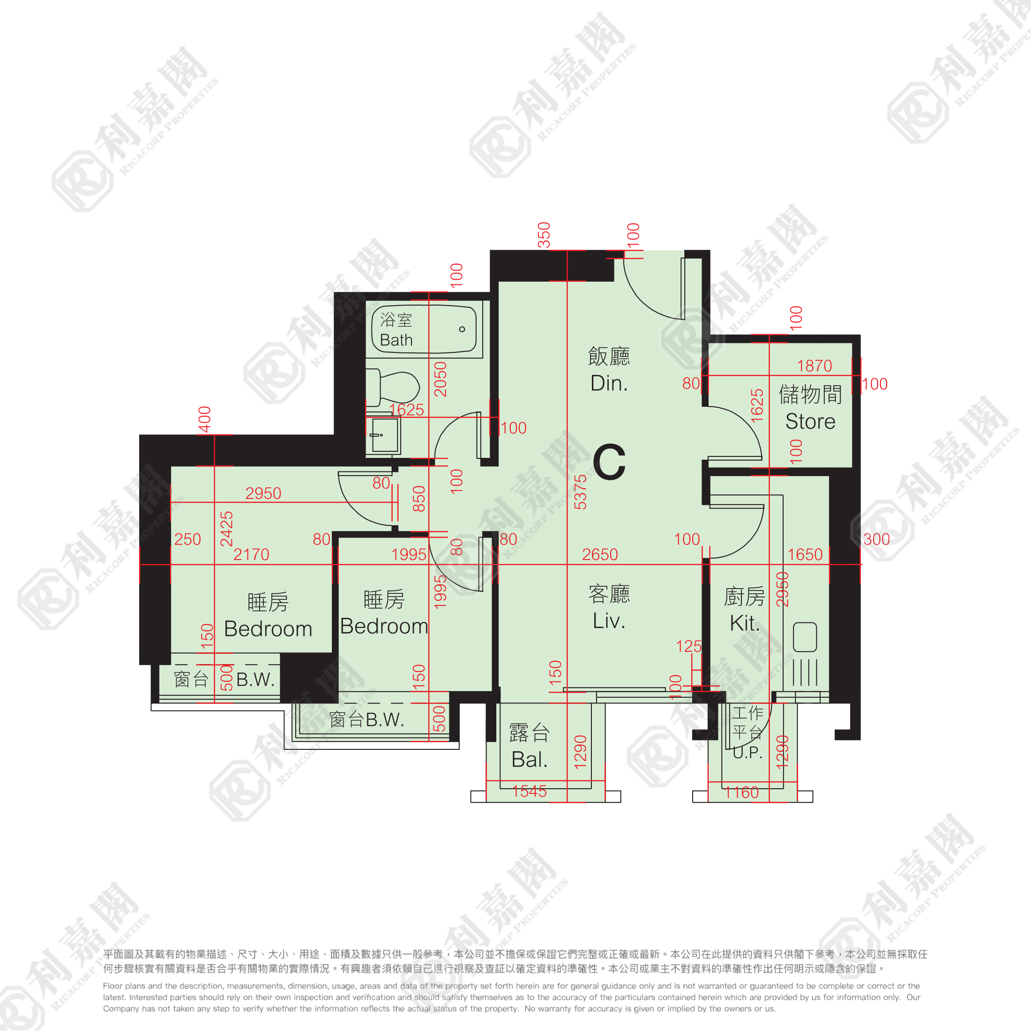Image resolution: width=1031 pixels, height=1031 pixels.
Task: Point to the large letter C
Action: pos(609,462)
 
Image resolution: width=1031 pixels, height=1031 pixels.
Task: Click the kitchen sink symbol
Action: pos(805,637)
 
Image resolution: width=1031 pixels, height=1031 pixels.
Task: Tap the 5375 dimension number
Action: pos(580,492)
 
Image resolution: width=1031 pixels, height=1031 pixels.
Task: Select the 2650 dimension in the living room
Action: pos(600,554)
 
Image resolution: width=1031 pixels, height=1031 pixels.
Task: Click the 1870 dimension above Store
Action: pos(814,366)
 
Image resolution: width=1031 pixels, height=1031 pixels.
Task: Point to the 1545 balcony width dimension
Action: pos(530,792)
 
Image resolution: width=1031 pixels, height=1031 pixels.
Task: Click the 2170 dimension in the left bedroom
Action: pos(251,554)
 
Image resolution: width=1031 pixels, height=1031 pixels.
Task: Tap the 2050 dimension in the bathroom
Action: pos(440,380)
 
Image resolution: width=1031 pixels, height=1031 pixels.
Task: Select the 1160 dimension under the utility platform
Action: pos(742,792)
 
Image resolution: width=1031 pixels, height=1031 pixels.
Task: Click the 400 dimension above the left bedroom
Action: pos(205,419)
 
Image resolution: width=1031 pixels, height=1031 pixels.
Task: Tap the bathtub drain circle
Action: pos(462,329)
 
